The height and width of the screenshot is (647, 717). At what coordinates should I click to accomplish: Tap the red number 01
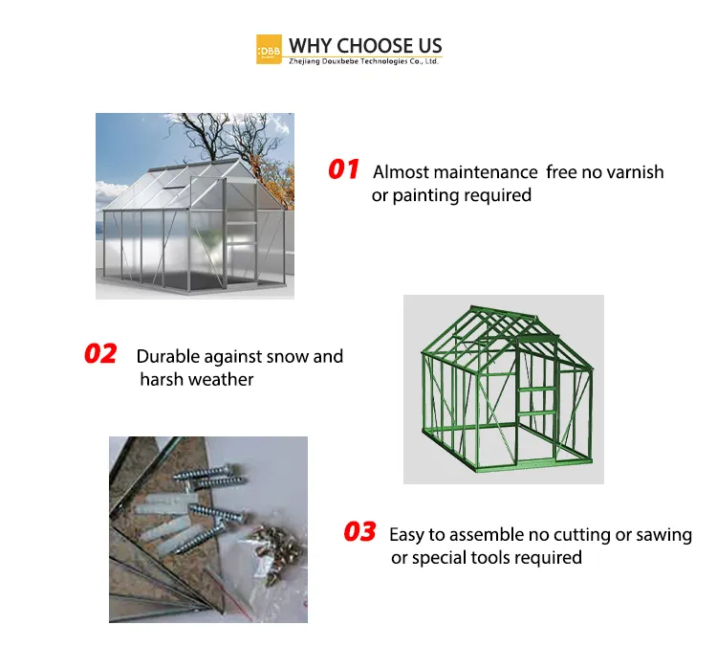(343, 170)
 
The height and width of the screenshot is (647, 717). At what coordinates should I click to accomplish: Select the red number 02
(100, 354)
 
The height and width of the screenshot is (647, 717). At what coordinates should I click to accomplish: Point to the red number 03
(359, 532)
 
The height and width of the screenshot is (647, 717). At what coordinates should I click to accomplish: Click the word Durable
(168, 356)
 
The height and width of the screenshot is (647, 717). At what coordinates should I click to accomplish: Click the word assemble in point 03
(478, 534)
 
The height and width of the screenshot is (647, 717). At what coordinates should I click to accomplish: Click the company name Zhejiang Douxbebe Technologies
(363, 60)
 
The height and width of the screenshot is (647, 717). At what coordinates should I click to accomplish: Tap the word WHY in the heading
(309, 45)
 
